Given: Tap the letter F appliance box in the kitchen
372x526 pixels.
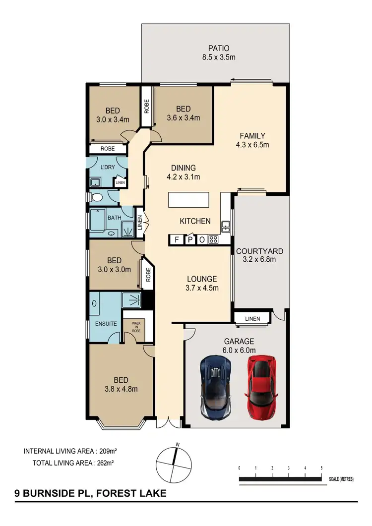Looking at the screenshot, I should [x=176, y=239].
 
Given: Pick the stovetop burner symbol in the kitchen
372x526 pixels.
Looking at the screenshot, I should [x=214, y=239].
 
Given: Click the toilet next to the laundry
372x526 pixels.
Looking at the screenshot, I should [x=97, y=198].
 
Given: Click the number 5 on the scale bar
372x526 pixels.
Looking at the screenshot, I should [x=322, y=468].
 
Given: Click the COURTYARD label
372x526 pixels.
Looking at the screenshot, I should [x=259, y=251].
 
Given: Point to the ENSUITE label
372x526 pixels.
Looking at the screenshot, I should [x=106, y=324].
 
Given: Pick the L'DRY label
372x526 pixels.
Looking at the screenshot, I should [x=107, y=167].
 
